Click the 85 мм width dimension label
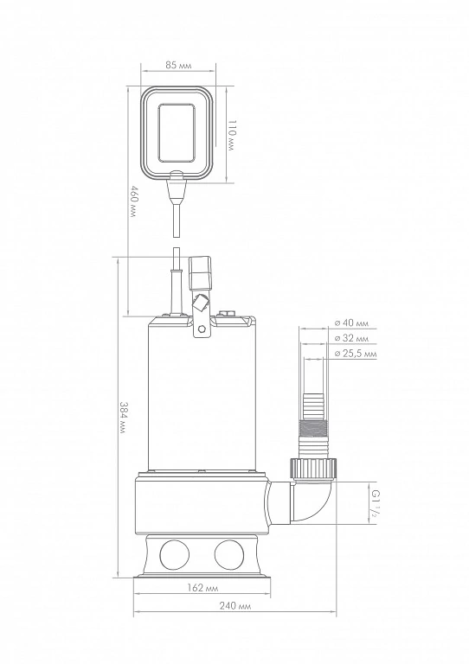tap(178, 65)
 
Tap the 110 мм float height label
tap(231, 135)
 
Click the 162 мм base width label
tap(202, 588)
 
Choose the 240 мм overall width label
tap(235, 606)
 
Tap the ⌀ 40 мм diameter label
tap(351, 323)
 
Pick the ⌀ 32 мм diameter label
tap(351, 338)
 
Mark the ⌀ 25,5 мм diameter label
tap(355, 354)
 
